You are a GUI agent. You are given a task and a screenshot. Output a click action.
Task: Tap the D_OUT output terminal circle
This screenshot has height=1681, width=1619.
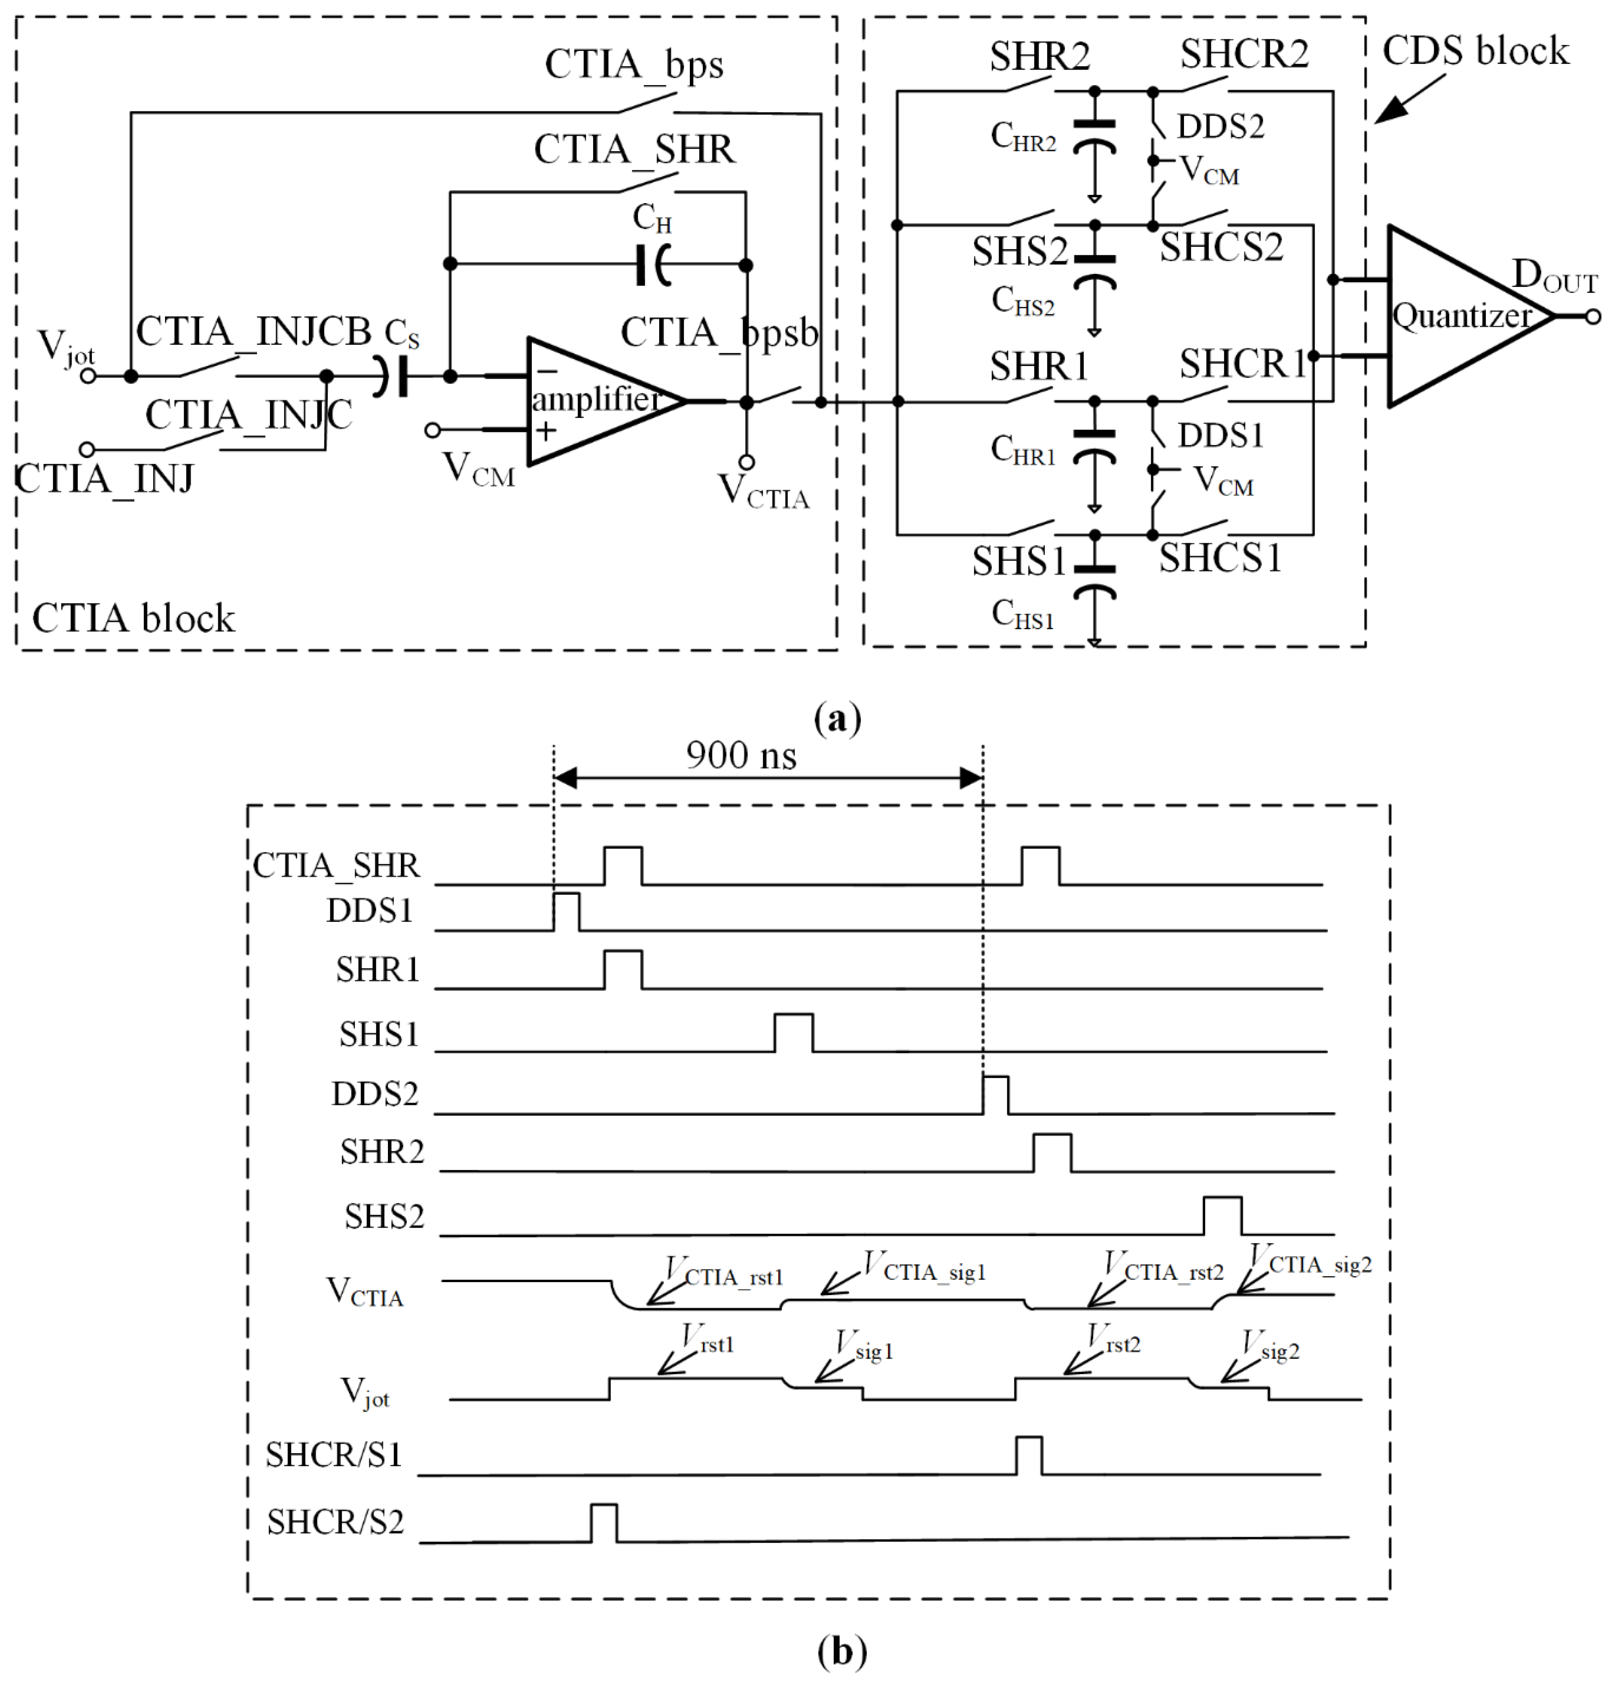click(1592, 316)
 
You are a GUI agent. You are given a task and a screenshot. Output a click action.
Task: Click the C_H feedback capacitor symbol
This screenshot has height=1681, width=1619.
click(654, 265)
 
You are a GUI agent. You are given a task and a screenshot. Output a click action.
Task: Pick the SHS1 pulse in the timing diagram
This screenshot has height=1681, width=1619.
click(793, 1032)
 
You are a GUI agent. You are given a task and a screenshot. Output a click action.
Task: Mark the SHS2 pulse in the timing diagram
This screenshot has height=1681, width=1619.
click(1222, 1214)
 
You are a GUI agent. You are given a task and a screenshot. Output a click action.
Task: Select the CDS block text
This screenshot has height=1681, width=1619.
click(1475, 51)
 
